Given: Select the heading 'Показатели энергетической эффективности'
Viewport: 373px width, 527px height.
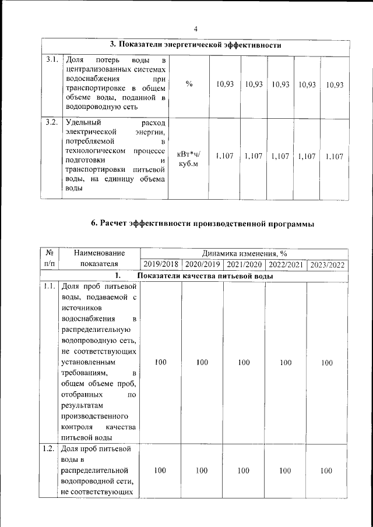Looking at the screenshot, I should tap(196, 45).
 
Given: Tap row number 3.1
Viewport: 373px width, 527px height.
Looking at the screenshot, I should tap(51, 60).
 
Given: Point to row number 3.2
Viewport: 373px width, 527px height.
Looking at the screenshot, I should tap(51, 122).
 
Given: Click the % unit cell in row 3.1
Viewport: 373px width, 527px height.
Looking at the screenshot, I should tap(189, 84).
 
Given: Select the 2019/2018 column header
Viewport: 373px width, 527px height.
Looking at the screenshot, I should tap(161, 264).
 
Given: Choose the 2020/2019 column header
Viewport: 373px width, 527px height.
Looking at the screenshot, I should tap(202, 264).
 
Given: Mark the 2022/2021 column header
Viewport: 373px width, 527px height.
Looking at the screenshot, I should tap(286, 264).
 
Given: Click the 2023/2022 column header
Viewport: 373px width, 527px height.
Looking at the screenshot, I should tap(328, 264).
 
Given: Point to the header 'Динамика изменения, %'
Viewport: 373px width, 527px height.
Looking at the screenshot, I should tap(244, 253).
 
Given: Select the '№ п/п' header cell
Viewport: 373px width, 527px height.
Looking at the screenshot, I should tap(50, 259).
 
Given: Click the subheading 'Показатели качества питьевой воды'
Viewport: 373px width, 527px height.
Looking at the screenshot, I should tap(205, 275).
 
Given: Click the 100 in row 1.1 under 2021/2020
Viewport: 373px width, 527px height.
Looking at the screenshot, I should tap(244, 363).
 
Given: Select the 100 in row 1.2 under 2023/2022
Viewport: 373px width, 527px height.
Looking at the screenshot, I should tap(326, 471).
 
